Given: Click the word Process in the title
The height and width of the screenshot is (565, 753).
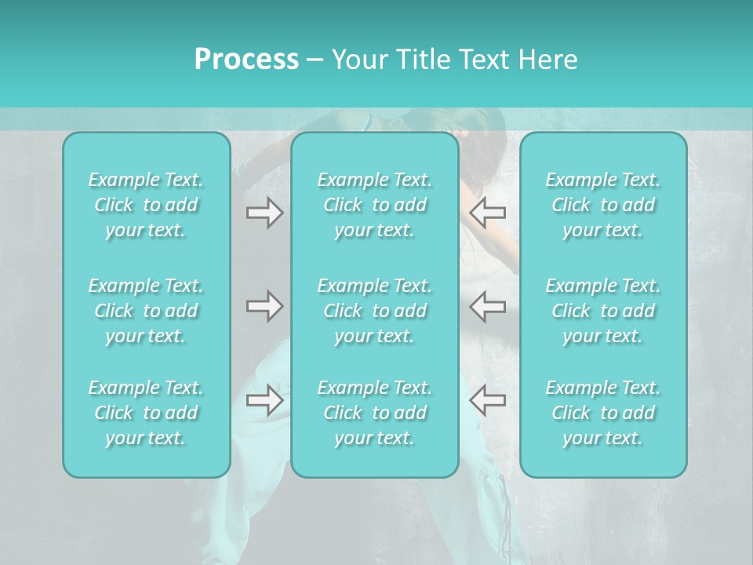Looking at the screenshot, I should tap(246, 60).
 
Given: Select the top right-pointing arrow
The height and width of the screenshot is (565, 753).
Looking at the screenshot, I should tap(264, 212).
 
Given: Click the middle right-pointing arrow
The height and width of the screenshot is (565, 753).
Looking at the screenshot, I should tap(264, 306).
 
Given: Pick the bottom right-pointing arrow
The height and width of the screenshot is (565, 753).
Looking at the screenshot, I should tap(264, 400).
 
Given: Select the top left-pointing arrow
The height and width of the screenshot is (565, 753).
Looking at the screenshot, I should tap(488, 212).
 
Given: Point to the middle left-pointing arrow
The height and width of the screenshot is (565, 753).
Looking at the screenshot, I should tap(488, 306).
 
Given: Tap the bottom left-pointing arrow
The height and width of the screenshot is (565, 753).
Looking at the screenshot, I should tap(488, 400).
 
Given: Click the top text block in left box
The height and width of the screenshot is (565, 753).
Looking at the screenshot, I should tap(146, 205).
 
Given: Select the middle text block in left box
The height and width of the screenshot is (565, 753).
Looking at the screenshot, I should tap(146, 311).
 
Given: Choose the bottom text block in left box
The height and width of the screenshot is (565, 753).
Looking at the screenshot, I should tap(146, 413).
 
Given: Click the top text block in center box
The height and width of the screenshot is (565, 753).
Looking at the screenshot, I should tap(375, 205).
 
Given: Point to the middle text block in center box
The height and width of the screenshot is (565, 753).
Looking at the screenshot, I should tap(375, 311).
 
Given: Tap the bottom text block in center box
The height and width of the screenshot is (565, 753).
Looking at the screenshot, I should tap(375, 413).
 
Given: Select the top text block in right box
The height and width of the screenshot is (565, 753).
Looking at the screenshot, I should tap(603, 205).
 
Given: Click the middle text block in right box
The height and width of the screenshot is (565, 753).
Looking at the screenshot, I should tap(603, 311).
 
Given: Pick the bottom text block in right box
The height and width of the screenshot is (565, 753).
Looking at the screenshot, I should tap(603, 413).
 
